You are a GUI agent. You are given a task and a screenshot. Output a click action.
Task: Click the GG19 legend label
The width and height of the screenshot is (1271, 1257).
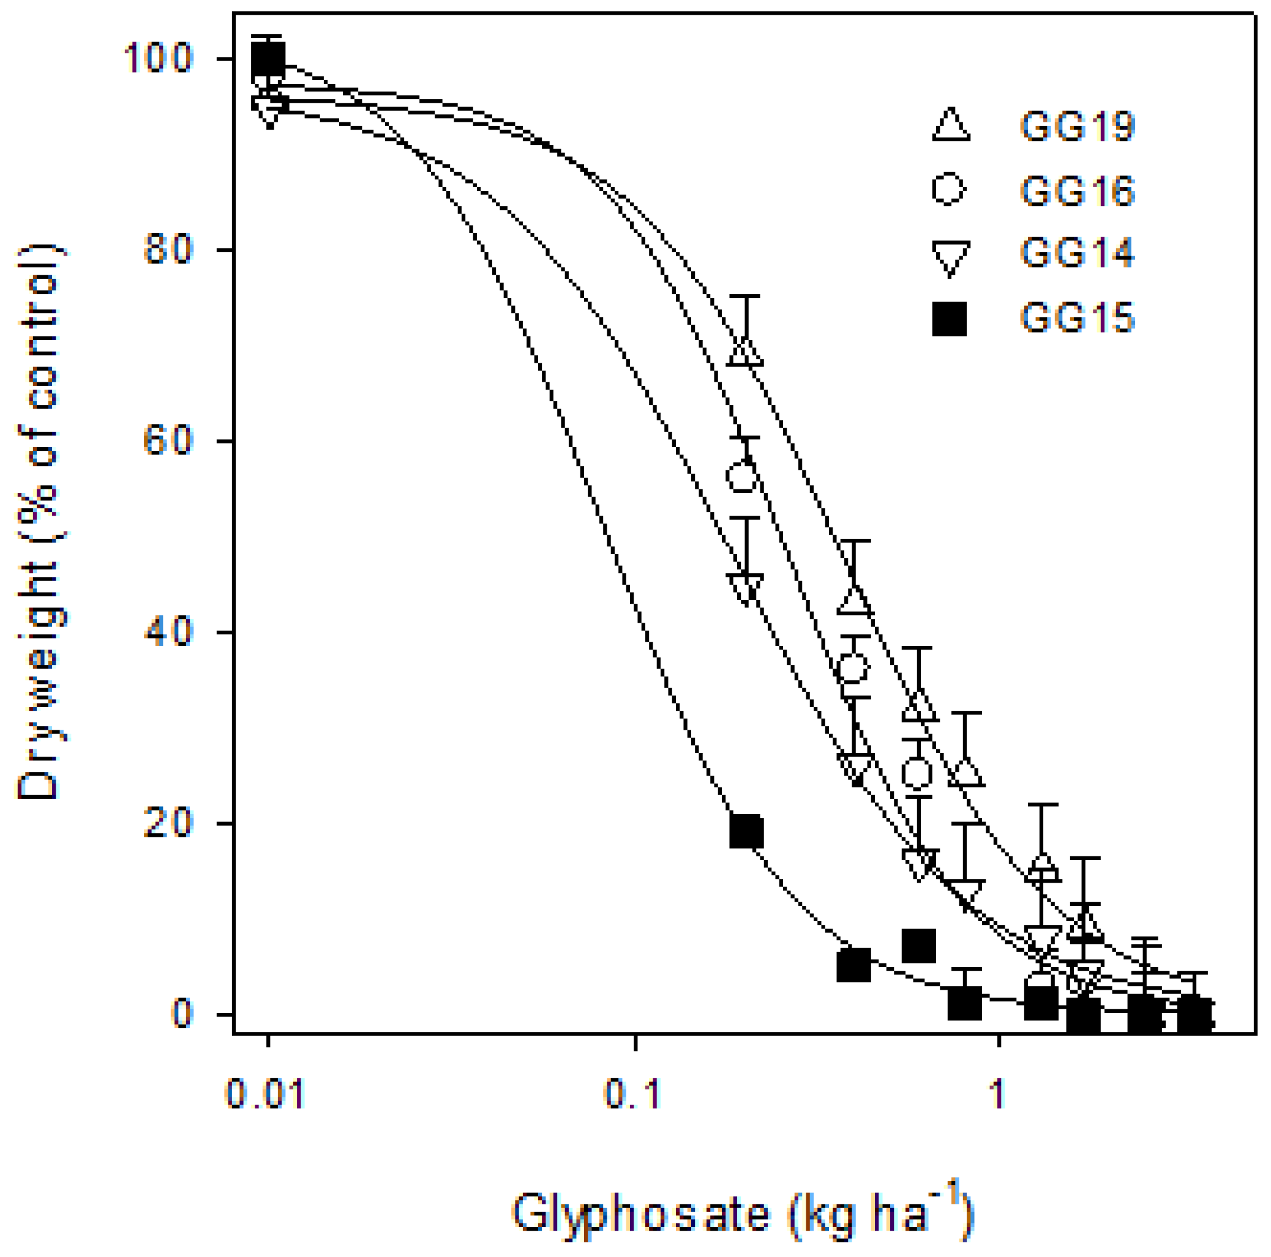click(1077, 126)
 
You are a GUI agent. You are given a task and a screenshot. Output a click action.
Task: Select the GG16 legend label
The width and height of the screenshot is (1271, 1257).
click(1077, 191)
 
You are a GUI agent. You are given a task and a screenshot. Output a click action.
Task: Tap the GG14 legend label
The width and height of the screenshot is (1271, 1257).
click(1077, 253)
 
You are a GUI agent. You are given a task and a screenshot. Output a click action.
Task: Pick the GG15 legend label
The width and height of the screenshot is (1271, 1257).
click(1077, 317)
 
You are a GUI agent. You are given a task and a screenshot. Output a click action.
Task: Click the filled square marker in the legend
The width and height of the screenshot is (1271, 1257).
click(950, 319)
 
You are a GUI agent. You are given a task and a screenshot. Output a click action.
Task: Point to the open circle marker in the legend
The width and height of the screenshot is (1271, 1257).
click(948, 190)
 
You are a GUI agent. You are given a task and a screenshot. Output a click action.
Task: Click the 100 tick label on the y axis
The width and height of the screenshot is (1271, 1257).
click(158, 59)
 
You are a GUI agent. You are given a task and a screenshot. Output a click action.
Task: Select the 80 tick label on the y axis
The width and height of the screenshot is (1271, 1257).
click(168, 250)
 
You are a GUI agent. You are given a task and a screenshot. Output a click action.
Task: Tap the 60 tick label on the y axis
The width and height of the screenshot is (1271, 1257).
click(168, 441)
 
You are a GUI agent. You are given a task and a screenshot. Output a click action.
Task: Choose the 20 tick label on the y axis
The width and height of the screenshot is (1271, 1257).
click(168, 823)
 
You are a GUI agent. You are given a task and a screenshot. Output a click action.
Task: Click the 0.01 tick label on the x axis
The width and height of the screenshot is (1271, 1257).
click(265, 1095)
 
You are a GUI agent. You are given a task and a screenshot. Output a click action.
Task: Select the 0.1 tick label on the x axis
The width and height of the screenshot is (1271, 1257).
click(632, 1095)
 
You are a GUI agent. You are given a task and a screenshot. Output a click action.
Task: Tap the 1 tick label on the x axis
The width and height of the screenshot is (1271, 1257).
click(999, 1095)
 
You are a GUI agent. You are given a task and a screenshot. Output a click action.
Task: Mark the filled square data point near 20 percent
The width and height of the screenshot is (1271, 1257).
click(746, 831)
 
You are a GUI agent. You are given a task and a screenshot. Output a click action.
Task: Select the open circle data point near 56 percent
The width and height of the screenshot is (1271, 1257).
click(743, 476)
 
